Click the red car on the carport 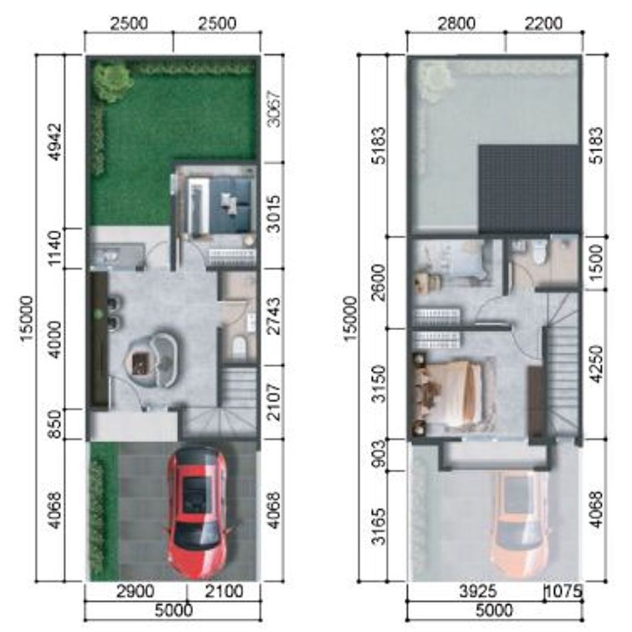click(x=197, y=510)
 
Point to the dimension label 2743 click(x=274, y=317)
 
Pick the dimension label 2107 click(x=274, y=402)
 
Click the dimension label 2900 click(x=135, y=592)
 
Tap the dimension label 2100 click(x=224, y=592)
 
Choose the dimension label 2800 click(x=456, y=23)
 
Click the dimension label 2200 click(x=543, y=23)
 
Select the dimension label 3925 click(x=478, y=592)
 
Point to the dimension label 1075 click(x=564, y=591)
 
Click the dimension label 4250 click(x=597, y=364)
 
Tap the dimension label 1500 click(x=597, y=263)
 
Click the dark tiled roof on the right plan click(x=529, y=189)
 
